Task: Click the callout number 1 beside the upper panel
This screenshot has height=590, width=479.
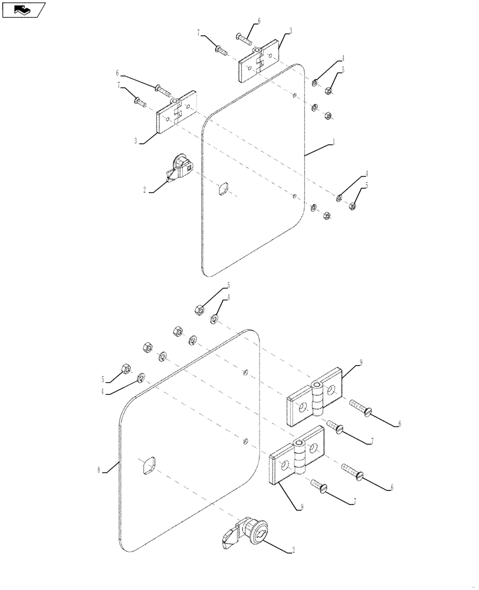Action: [334, 142]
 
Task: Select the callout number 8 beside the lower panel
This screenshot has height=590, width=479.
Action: [100, 470]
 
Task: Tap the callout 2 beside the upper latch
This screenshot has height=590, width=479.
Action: [144, 191]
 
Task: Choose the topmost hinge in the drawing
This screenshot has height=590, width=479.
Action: [259, 61]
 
